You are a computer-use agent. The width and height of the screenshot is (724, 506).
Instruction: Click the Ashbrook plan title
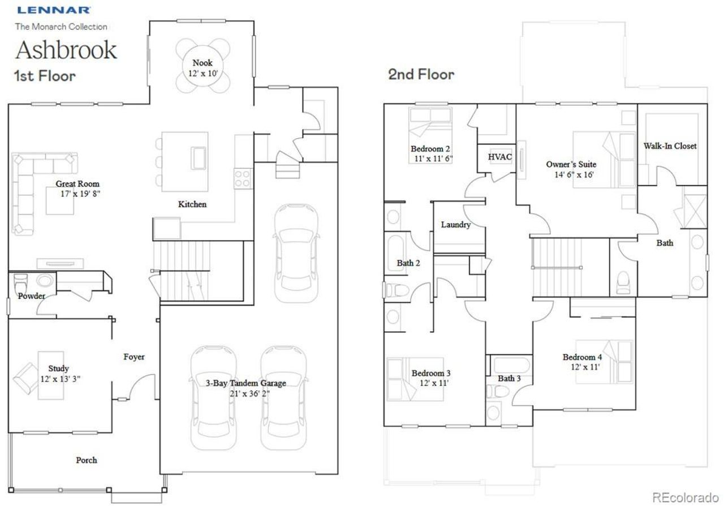[66, 50]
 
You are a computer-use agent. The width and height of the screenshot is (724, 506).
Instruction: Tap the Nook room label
[202, 63]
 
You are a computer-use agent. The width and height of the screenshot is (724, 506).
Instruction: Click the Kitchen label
[192, 204]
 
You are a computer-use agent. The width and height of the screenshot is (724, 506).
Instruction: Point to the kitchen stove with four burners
[243, 179]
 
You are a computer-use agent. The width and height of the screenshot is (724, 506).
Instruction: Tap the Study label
[58, 368]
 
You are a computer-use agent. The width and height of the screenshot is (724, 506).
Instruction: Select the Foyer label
[134, 357]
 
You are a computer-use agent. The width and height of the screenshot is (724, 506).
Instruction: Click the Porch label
[87, 460]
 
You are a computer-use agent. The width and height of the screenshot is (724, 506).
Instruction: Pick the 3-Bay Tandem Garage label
[245, 383]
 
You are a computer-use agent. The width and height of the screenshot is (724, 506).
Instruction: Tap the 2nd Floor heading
[421, 74]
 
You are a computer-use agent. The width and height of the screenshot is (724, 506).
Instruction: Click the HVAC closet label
[499, 157]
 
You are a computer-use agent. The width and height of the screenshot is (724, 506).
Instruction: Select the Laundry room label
[455, 225]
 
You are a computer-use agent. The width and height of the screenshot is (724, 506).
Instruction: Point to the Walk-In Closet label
[670, 146]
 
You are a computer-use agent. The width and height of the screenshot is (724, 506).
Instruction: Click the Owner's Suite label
[571, 164]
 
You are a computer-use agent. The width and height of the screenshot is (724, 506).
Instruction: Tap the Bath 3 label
[509, 378]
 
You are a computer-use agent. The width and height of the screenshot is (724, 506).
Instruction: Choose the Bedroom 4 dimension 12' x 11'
[582, 367]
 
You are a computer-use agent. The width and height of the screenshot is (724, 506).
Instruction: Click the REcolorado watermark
[685, 498]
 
